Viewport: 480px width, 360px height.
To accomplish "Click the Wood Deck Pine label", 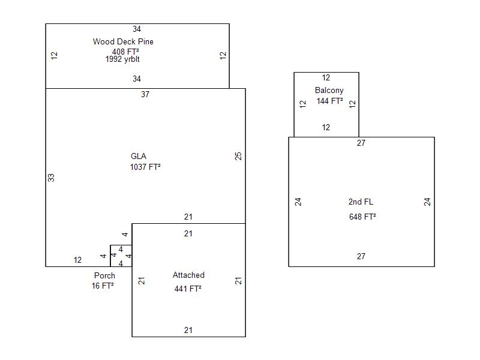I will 123,41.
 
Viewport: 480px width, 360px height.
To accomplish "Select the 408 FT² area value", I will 125,52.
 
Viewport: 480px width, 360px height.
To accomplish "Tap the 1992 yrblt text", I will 122,59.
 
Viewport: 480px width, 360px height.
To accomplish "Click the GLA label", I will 139,157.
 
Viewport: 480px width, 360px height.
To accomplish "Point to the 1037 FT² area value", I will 145,167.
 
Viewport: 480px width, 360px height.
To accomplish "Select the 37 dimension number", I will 145,94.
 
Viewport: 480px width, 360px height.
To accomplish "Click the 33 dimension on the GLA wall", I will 52,178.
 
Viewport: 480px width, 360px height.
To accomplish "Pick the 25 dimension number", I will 239,156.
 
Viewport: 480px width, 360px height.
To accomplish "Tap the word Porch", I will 104,276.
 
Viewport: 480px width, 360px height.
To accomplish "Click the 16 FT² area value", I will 103,286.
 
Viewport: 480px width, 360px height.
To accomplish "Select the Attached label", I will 188,275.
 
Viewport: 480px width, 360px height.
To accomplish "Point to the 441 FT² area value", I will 188,289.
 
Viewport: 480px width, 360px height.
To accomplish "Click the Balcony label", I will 329,91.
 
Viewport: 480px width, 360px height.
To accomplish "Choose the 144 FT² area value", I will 329,101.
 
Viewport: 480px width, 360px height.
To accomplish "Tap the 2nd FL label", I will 361,202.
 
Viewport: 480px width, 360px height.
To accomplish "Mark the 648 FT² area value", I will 362,217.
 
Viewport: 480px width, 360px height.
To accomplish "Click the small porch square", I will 121,256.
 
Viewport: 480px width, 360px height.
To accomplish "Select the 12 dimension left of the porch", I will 77,260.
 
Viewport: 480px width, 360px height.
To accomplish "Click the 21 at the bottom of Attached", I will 188,330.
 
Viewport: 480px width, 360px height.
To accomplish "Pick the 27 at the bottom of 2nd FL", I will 361,256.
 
